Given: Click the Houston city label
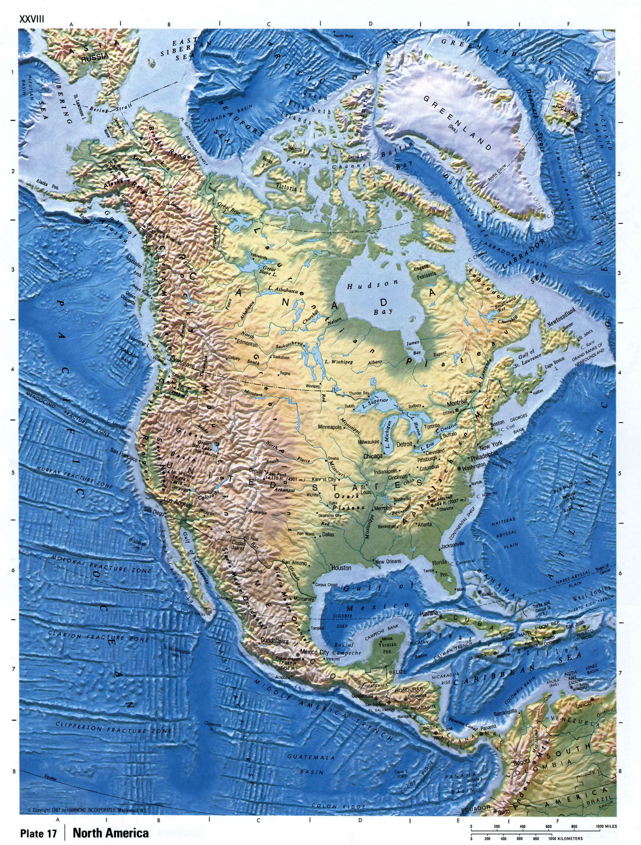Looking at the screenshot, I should pos(341,567).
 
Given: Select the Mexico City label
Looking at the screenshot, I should pos(314,652).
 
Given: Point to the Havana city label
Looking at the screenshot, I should pos(429,613).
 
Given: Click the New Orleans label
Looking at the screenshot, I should pos(388,561).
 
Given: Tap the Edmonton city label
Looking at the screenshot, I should pos(247,344).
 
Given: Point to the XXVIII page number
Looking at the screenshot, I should pos(31,19).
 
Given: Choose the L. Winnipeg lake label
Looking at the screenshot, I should pos(338,361).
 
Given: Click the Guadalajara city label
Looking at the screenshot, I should pos(274,641).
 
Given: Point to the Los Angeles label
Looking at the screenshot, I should pos(178,500).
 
